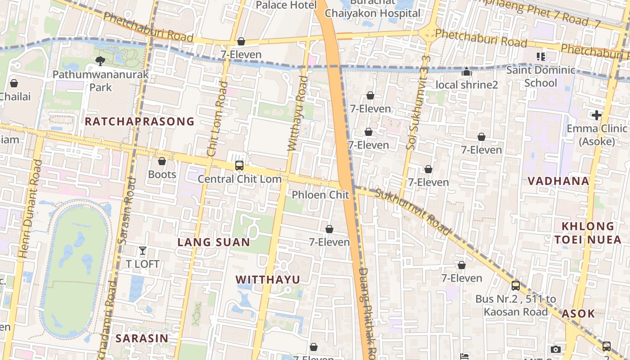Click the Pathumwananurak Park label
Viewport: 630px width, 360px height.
tap(100, 80)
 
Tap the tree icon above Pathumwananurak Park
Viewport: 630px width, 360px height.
tap(100, 61)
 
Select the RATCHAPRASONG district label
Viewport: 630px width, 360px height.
tap(139, 121)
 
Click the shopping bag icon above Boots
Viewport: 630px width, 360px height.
tap(162, 161)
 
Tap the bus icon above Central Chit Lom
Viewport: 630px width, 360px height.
tap(239, 166)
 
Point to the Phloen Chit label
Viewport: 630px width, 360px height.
tap(320, 195)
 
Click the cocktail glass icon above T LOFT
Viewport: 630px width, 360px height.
tap(143, 251)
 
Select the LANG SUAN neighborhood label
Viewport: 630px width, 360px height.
tap(214, 242)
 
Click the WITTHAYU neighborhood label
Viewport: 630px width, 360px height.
tap(268, 279)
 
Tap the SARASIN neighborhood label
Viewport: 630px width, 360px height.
tap(142, 338)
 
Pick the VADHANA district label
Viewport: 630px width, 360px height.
tap(558, 181)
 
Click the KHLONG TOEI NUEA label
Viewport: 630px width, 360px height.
tap(588, 233)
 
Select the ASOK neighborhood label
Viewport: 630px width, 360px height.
tap(578, 314)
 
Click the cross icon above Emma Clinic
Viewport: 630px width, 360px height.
tap(597, 115)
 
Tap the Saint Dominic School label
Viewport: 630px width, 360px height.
tap(540, 76)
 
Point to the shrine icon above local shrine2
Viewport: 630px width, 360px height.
tap(467, 72)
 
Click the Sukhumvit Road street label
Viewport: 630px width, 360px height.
tap(412, 211)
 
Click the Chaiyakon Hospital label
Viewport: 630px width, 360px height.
tap(372, 13)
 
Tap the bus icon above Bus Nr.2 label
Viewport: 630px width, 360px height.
tap(516, 285)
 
